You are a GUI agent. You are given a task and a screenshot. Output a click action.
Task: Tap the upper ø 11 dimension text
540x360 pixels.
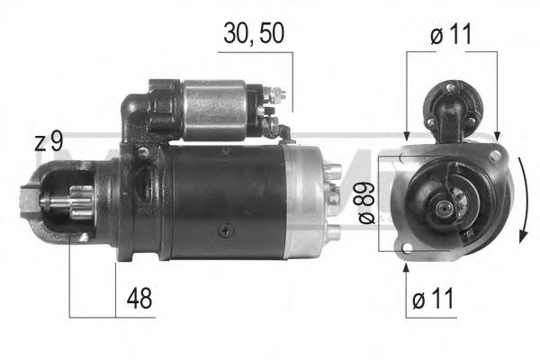(450, 36)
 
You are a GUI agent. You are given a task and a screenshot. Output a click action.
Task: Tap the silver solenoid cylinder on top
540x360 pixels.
(216, 111)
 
